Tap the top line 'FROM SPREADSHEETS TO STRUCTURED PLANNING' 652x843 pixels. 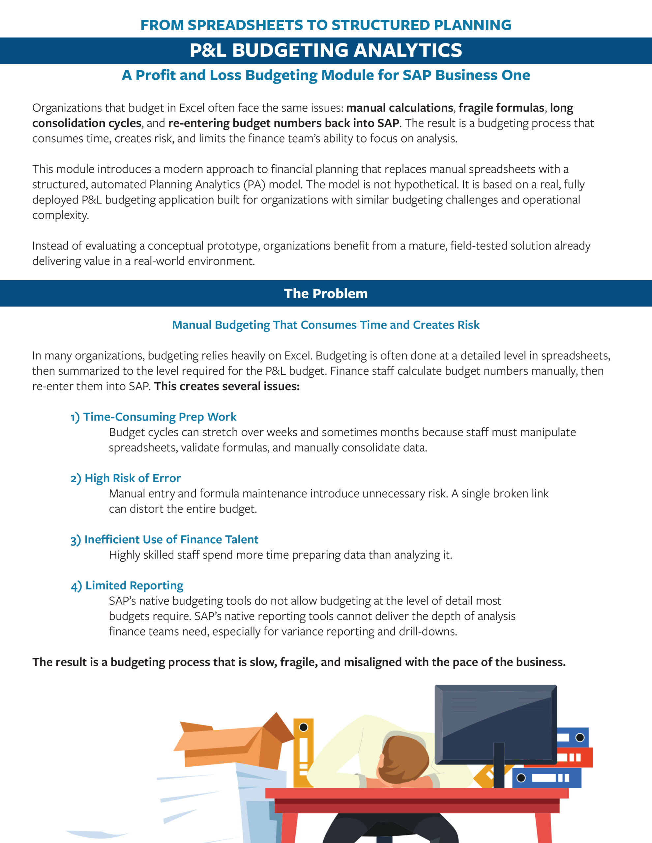(326, 25)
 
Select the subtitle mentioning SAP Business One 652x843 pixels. (326, 75)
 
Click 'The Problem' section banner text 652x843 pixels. (326, 294)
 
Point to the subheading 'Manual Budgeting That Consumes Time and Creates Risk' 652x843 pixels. (326, 325)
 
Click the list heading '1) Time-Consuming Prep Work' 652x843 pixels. (153, 417)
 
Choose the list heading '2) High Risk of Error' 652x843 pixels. (126, 478)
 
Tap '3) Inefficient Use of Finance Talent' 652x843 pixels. (164, 540)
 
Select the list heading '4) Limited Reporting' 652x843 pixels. (127, 585)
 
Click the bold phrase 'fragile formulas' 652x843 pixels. (501, 108)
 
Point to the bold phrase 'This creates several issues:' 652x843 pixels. (227, 386)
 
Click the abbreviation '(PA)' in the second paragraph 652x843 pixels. (254, 184)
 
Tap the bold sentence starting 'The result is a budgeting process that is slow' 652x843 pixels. (299, 662)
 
